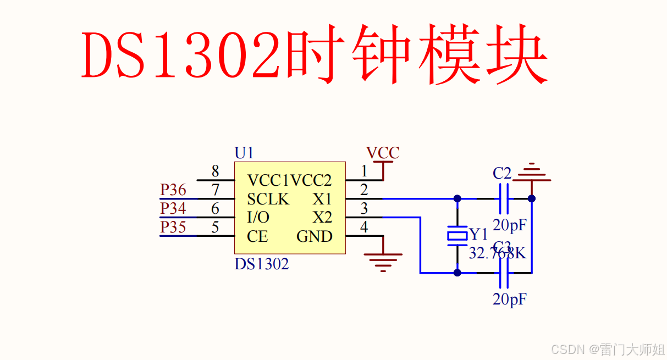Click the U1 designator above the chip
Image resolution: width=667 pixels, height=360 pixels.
pyautogui.click(x=244, y=153)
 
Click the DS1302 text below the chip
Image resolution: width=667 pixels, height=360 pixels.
pyautogui.click(x=261, y=264)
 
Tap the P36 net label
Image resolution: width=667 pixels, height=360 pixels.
pyautogui.click(x=173, y=190)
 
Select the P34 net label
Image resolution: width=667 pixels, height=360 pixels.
pyautogui.click(x=173, y=209)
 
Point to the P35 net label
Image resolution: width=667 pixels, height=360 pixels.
pyautogui.click(x=173, y=228)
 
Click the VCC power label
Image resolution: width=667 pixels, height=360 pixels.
pyautogui.click(x=383, y=153)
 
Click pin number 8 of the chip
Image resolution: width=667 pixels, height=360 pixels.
pyautogui.click(x=215, y=171)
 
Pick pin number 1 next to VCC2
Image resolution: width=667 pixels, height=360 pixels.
pyautogui.click(x=364, y=171)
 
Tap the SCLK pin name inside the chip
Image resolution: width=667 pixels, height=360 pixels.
pyautogui.click(x=268, y=199)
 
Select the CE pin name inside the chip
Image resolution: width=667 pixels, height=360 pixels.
pyautogui.click(x=257, y=236)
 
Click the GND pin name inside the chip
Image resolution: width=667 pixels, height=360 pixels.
pyautogui.click(x=315, y=236)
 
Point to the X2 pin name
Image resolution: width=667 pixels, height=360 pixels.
pyautogui.click(x=323, y=218)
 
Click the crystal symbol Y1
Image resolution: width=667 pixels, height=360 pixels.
pyautogui.click(x=457, y=235)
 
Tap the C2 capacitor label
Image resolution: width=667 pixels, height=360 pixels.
pyautogui.click(x=502, y=174)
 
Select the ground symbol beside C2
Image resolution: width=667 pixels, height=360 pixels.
pyautogui.click(x=531, y=171)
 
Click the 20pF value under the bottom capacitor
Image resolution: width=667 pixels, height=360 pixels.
pyautogui.click(x=510, y=300)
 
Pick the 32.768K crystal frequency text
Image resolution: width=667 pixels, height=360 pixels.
pyautogui.click(x=497, y=253)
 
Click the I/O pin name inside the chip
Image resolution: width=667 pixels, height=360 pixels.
pyautogui.click(x=258, y=218)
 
